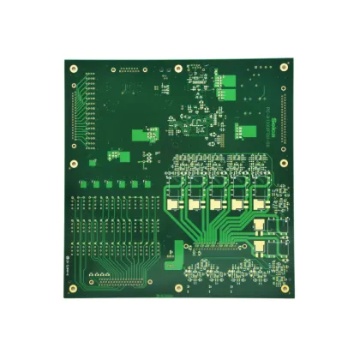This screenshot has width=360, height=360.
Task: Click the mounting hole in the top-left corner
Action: point(74,69)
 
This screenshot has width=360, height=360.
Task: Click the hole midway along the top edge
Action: point(177,69)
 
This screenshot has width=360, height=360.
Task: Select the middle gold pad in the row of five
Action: point(215,206)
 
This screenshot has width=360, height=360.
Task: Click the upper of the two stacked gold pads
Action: point(259,225)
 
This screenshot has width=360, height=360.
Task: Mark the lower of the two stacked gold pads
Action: point(259,249)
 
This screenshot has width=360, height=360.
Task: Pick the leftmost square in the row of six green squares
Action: point(83,183)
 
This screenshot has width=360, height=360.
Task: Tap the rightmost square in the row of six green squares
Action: point(147,183)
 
